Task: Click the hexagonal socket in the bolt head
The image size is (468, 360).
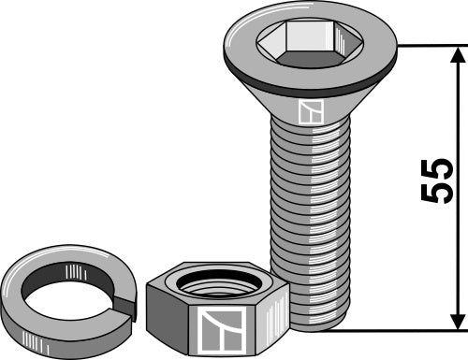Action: (310, 43)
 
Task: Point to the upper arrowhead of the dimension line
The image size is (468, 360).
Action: (458, 53)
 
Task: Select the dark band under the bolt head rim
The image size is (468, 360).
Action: (309, 80)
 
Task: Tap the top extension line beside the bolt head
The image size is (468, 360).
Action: (431, 45)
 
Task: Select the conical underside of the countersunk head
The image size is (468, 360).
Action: (309, 94)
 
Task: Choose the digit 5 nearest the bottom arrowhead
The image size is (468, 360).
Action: (435, 194)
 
